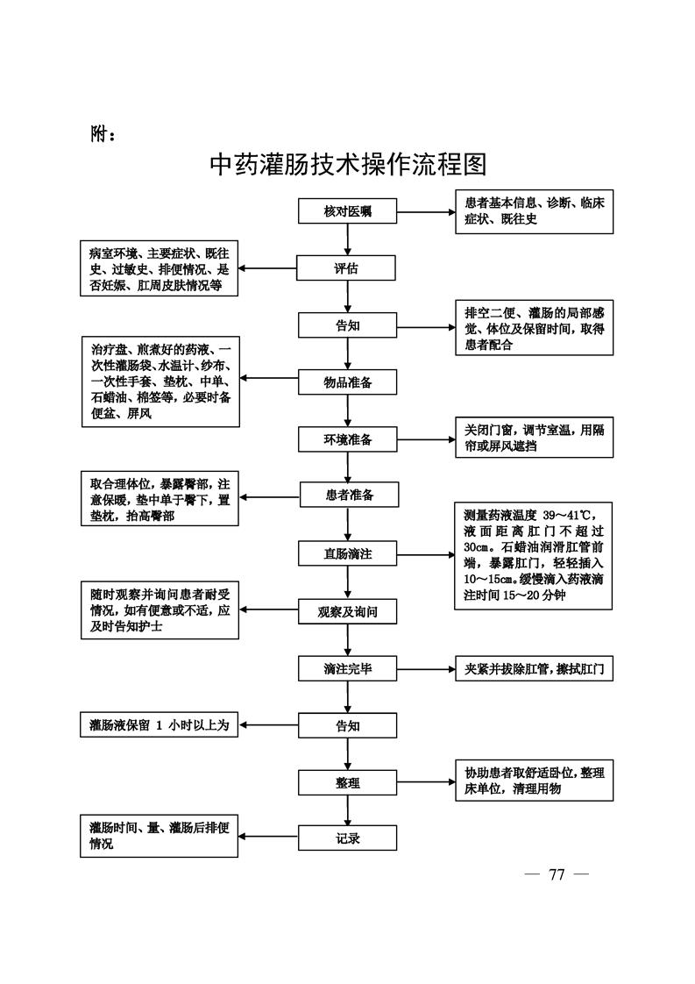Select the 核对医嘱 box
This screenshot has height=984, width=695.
(348, 212)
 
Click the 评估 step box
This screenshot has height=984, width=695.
(348, 268)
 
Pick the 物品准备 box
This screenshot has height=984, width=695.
(348, 381)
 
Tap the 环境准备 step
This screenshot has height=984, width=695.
(348, 439)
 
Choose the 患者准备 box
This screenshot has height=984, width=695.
(348, 496)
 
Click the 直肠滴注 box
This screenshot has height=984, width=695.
(348, 553)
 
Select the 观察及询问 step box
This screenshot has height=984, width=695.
(348, 611)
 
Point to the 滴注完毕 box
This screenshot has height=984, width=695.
(348, 669)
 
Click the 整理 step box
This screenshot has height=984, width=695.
(348, 782)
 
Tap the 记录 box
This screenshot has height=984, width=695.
(348, 838)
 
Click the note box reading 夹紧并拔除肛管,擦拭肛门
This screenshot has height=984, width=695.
(534, 669)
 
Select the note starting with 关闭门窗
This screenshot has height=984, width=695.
(534, 438)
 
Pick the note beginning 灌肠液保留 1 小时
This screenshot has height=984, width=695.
(159, 725)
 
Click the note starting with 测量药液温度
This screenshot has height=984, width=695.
(534, 554)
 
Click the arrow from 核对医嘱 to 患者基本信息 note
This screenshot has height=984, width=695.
(425, 212)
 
